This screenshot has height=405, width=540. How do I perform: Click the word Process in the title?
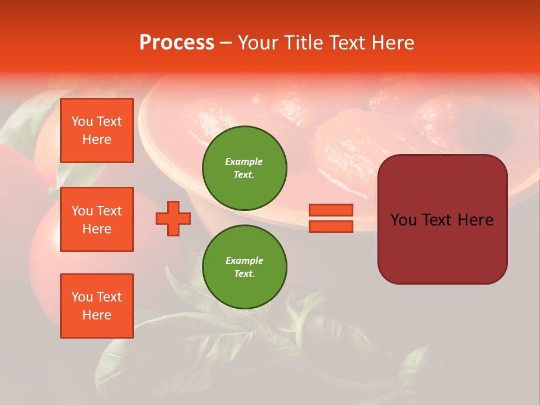point(177,43)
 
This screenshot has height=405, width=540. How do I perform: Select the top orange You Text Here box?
point(97,130)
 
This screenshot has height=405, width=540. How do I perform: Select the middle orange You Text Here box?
point(97,219)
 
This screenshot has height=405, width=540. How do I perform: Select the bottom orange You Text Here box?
point(97,306)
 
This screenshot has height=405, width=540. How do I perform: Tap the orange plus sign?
point(173,218)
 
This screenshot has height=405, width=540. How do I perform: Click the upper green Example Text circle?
point(245,168)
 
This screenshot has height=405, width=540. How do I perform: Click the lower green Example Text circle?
point(245,267)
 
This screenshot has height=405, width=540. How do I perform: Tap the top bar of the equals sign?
point(331,210)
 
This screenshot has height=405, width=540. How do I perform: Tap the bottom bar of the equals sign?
point(331,227)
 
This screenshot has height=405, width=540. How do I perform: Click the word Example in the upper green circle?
point(244,161)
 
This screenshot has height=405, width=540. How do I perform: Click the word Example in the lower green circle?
point(244,260)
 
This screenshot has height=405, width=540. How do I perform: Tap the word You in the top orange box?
point(82,121)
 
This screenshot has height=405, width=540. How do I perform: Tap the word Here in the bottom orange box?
point(97,315)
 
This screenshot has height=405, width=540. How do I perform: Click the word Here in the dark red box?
point(475,220)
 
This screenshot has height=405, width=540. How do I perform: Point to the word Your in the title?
point(259,43)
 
